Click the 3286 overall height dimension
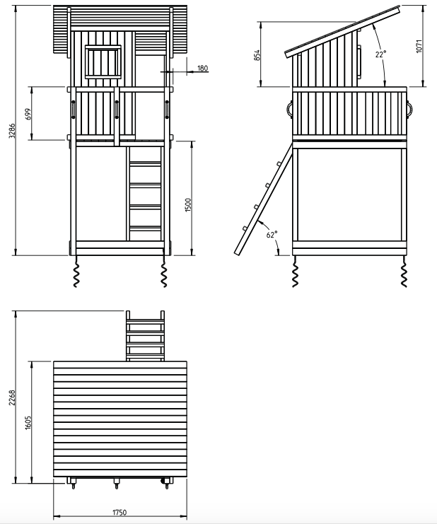click(12, 130)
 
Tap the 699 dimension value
click(28, 114)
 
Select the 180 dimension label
click(202, 68)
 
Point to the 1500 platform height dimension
click(188, 205)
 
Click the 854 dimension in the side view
click(257, 55)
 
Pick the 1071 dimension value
click(419, 46)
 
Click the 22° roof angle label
click(380, 54)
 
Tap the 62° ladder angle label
click(272, 234)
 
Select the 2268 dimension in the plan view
click(12, 397)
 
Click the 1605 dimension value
click(28, 422)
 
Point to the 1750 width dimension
click(120, 512)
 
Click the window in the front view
click(103, 62)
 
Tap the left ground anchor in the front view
click(76, 272)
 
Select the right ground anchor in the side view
click(404, 272)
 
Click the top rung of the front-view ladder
click(146, 163)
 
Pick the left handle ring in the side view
click(289, 109)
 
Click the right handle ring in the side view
click(409, 109)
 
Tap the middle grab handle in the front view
click(117, 110)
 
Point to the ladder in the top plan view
click(146, 336)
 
